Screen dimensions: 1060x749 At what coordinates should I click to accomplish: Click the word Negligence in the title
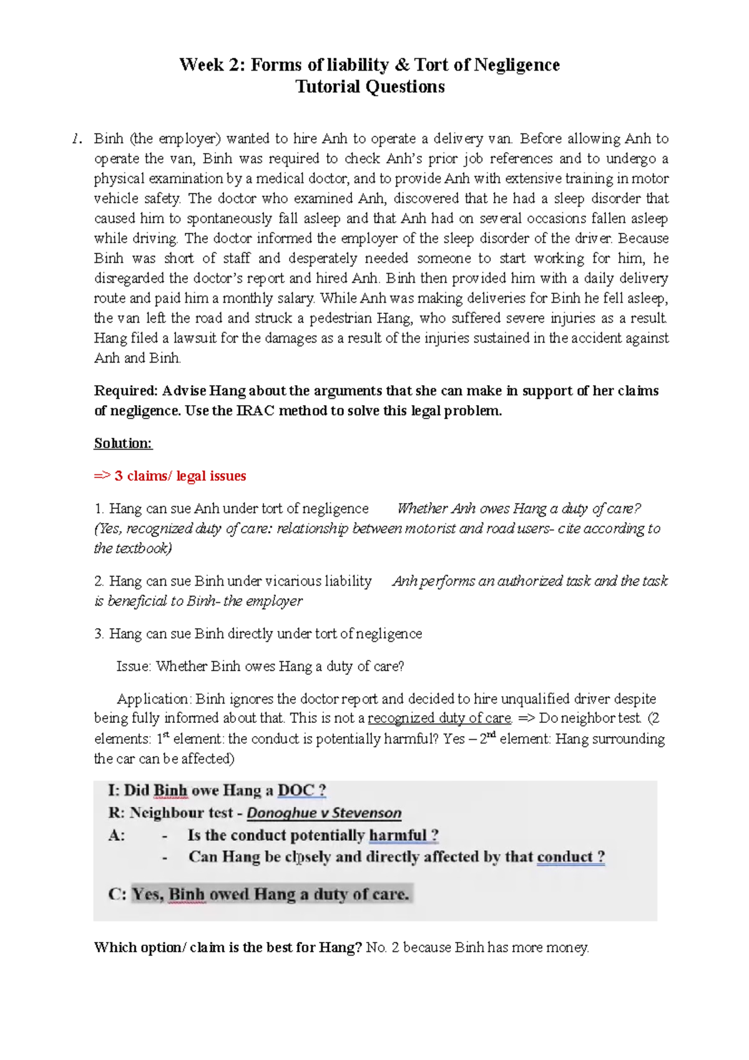516,65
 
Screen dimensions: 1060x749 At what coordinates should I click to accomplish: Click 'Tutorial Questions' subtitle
370,87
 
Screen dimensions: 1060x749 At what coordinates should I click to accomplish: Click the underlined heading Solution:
123,443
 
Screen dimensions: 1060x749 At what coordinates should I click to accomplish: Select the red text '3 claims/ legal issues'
180,476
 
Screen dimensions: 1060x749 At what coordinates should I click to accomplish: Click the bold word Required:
126,391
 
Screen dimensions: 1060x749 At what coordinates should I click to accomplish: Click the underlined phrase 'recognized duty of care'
439,718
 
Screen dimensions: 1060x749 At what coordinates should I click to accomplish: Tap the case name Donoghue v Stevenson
324,813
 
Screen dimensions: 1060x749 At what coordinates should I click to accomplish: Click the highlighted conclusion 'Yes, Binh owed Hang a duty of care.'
271,894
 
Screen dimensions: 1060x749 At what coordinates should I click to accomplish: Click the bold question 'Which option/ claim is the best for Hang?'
228,948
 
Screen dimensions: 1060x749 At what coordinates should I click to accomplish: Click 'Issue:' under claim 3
134,666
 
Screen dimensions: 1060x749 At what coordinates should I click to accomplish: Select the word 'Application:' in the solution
154,699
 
